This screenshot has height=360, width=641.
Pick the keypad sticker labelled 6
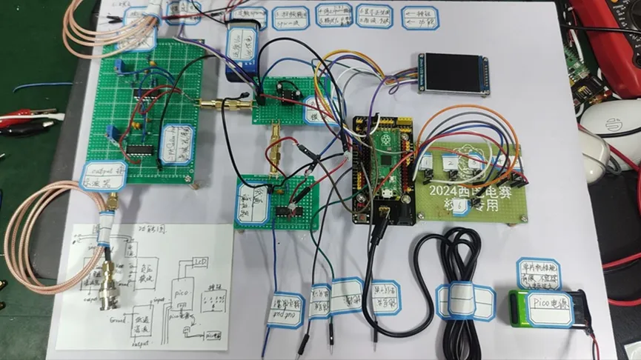coord(461,209)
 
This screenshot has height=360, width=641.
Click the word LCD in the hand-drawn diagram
coord(200,262)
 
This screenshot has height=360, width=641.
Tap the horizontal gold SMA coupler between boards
coord(226,105)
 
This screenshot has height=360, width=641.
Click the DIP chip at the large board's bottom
coord(139,149)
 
